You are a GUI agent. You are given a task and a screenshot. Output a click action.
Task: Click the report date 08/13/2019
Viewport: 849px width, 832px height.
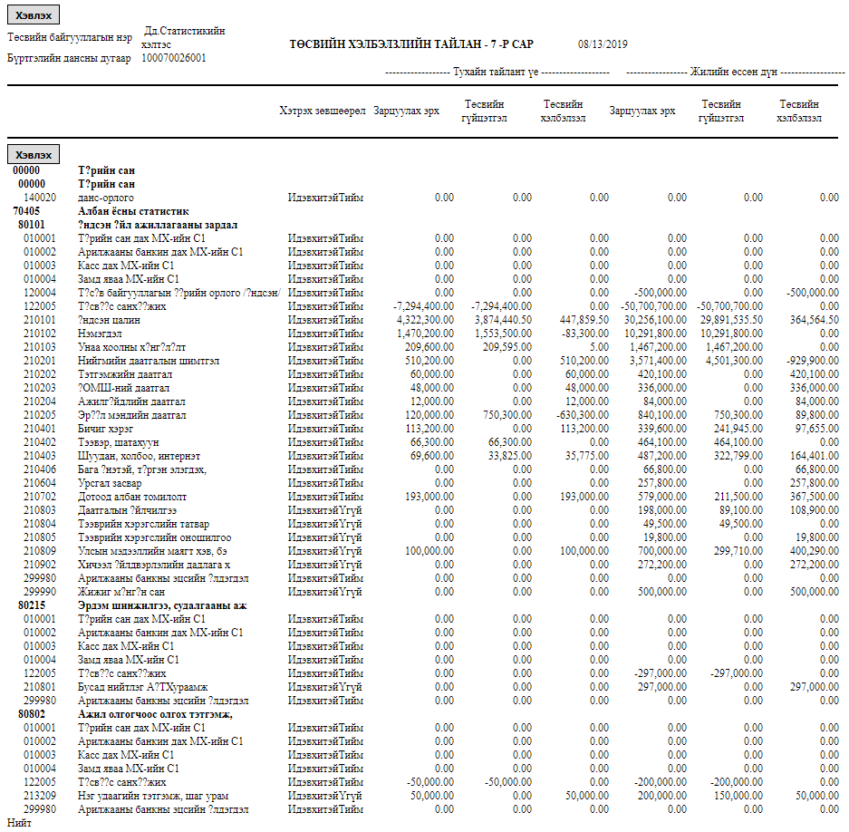(603, 44)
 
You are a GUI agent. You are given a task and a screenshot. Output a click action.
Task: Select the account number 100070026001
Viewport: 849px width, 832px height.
(174, 58)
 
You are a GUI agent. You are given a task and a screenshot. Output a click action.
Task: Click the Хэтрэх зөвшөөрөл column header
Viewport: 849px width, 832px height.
(322, 111)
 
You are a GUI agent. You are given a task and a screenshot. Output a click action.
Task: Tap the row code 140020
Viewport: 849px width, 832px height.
(40, 198)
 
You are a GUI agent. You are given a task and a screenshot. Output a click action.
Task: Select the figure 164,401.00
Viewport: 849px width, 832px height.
(813, 456)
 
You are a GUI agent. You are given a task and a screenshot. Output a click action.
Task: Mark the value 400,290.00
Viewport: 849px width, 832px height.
(813, 551)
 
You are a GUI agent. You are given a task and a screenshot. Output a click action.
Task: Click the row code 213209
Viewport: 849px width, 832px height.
(40, 796)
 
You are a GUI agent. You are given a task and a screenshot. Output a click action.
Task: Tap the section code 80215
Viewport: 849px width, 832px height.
(32, 605)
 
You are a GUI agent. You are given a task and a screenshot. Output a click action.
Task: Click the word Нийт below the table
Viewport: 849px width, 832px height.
(18, 824)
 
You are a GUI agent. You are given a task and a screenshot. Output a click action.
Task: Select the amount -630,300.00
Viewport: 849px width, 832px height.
(579, 415)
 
